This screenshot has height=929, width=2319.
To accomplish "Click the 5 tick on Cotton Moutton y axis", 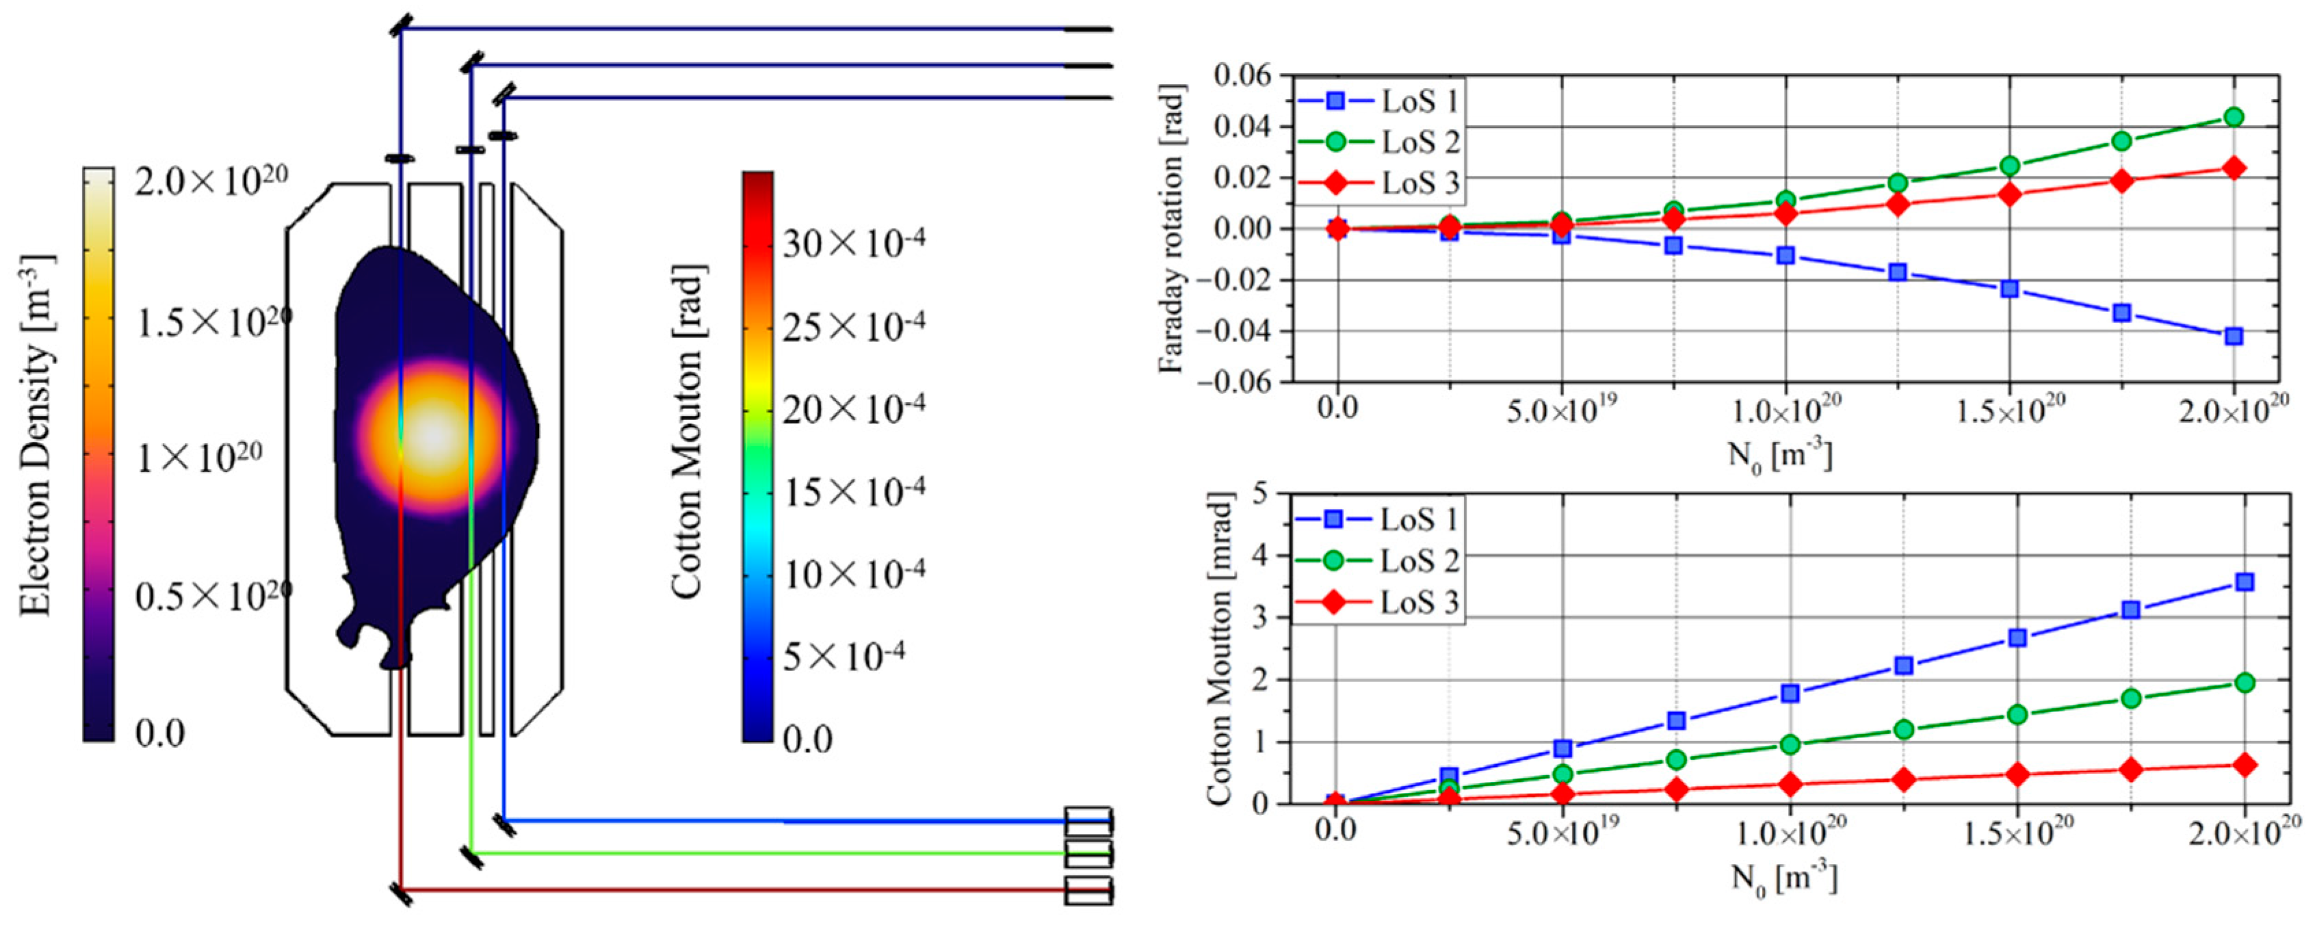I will click(1259, 493).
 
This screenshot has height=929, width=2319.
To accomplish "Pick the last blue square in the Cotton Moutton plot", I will click(2244, 582).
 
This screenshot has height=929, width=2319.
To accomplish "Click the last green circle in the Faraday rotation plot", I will click(2233, 117).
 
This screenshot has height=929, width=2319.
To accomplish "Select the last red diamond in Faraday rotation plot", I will click(2233, 168).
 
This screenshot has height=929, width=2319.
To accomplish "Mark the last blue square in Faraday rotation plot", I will click(2233, 337).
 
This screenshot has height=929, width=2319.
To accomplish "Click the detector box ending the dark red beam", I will click(1088, 890).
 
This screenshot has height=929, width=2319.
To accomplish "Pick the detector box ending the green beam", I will click(1088, 852).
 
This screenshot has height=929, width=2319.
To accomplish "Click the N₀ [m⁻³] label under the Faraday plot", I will click(1780, 456).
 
